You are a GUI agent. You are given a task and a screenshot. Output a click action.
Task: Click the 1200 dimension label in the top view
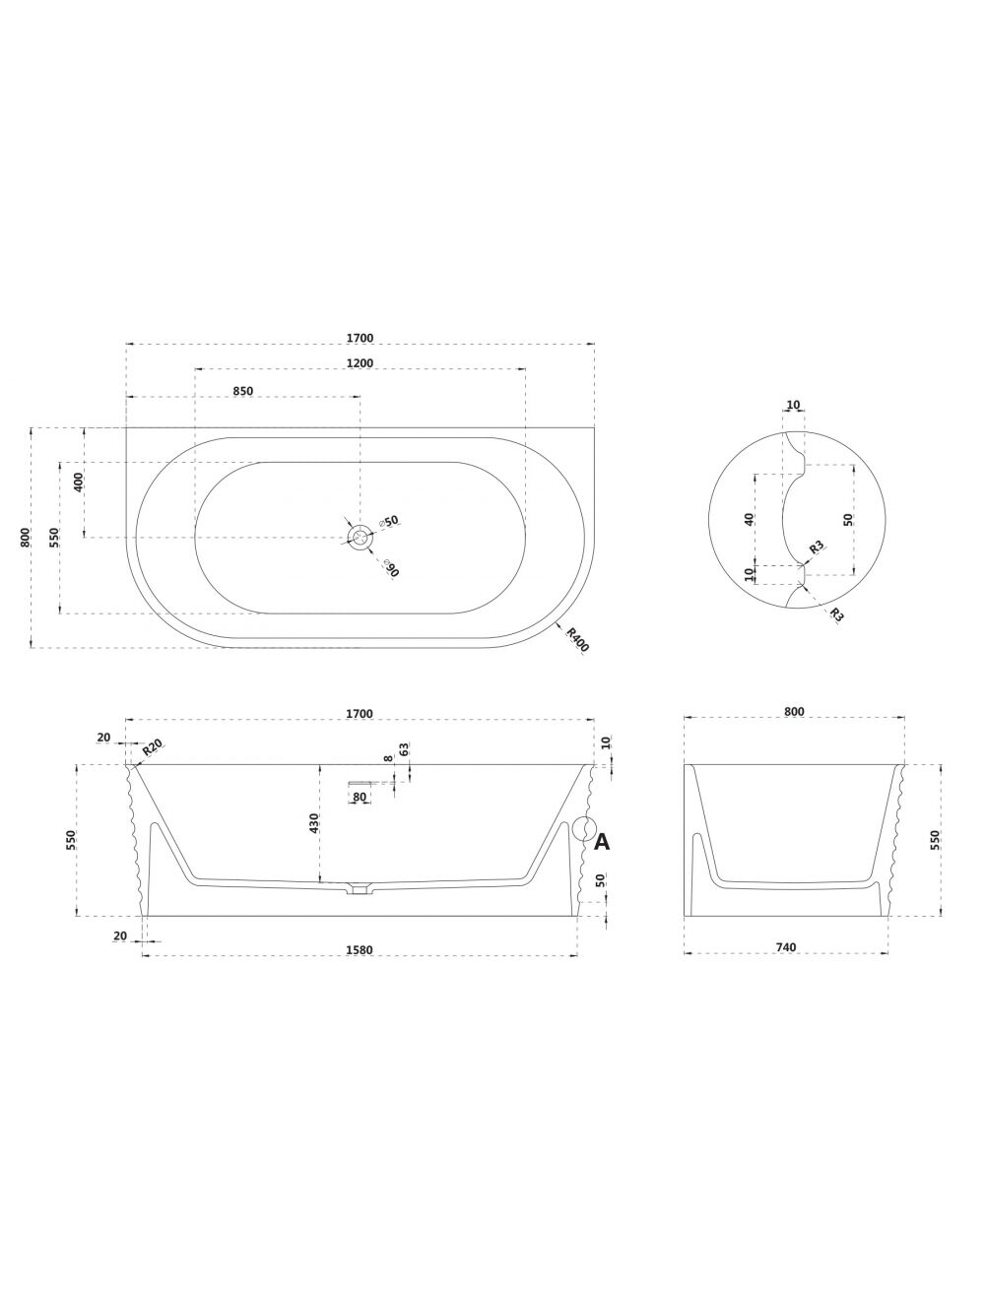pyautogui.click(x=360, y=363)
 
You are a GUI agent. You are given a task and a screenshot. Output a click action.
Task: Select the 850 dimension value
pyautogui.click(x=242, y=391)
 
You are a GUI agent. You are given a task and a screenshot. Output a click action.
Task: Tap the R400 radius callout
pyautogui.click(x=577, y=639)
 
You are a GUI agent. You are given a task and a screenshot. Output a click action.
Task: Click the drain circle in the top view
pyautogui.click(x=360, y=537)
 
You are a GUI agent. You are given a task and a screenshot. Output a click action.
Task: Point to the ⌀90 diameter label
pyautogui.click(x=391, y=567)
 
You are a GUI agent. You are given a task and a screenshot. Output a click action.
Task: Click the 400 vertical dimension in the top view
pyautogui.click(x=79, y=483)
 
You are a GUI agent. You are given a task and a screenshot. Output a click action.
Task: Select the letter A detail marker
pyautogui.click(x=602, y=842)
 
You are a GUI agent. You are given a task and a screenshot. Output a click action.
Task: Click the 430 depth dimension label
pyautogui.click(x=314, y=823)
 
